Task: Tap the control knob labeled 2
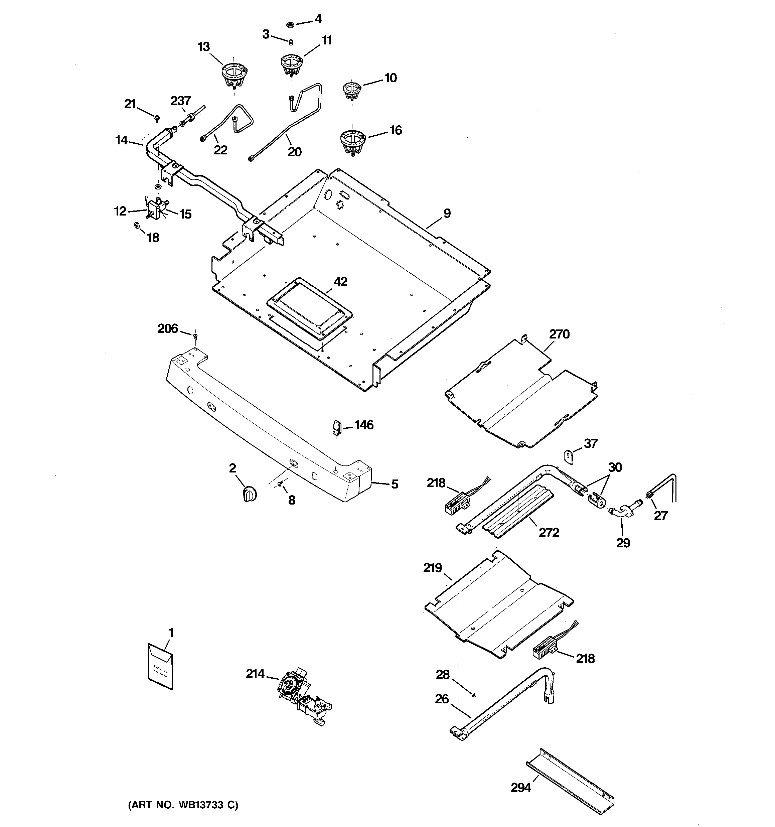[249, 494]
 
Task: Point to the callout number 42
[340, 282]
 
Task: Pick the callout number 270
[559, 334]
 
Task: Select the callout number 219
[433, 568]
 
